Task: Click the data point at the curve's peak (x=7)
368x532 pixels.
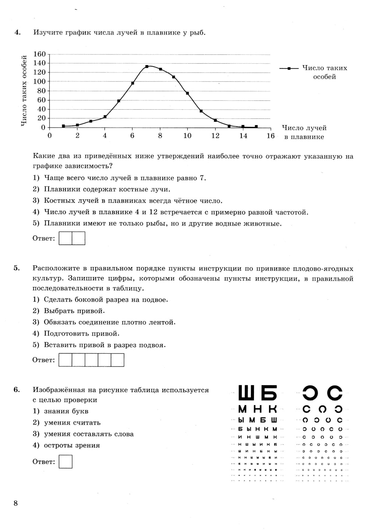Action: (x=146, y=67)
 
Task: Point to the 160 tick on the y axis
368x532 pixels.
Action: (x=40, y=54)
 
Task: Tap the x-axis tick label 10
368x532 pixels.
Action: (x=187, y=136)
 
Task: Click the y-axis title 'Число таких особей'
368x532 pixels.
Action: (x=24, y=91)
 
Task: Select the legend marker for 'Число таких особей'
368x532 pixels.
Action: (x=289, y=68)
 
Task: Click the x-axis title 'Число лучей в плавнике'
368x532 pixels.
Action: (x=304, y=132)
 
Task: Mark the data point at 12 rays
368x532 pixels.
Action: (x=215, y=120)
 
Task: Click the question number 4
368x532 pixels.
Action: (x=17, y=32)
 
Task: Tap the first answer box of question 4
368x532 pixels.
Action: (x=66, y=238)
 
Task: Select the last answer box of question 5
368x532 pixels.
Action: (x=117, y=360)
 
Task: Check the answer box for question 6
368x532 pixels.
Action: (x=66, y=461)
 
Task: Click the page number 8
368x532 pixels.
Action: (x=15, y=503)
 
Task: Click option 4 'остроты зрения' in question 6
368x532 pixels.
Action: (x=72, y=446)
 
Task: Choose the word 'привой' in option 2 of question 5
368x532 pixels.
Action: (x=91, y=311)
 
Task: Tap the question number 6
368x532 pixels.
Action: (x=17, y=390)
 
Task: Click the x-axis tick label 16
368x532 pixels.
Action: (x=270, y=136)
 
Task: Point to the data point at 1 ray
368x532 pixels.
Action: (x=63, y=126)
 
